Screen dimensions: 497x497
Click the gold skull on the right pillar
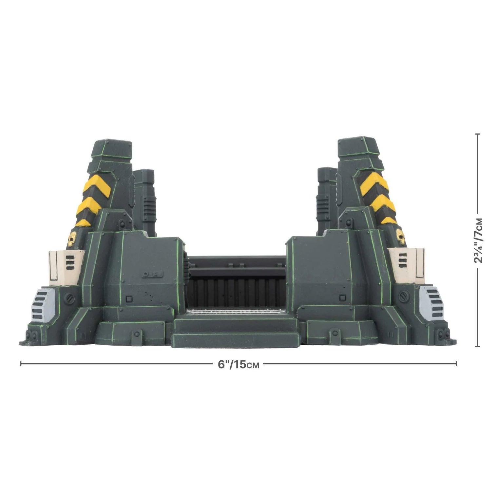[400, 236]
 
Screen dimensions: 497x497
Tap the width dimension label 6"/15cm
[239, 364]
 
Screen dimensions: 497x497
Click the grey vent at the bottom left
[43, 305]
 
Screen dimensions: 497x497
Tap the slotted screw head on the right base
[403, 296]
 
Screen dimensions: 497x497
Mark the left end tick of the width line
[21, 364]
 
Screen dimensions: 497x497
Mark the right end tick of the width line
[456, 364]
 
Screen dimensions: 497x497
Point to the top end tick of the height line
[478, 134]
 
